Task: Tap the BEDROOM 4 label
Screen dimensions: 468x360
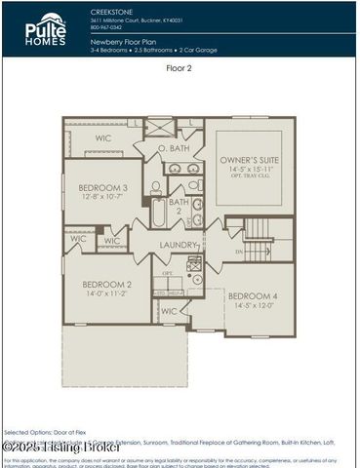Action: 253,297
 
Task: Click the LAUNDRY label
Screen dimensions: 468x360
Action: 179,245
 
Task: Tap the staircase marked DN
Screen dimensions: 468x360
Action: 258,240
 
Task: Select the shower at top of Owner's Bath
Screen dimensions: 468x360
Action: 159,127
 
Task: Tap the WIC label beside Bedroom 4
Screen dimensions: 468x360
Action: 170,312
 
